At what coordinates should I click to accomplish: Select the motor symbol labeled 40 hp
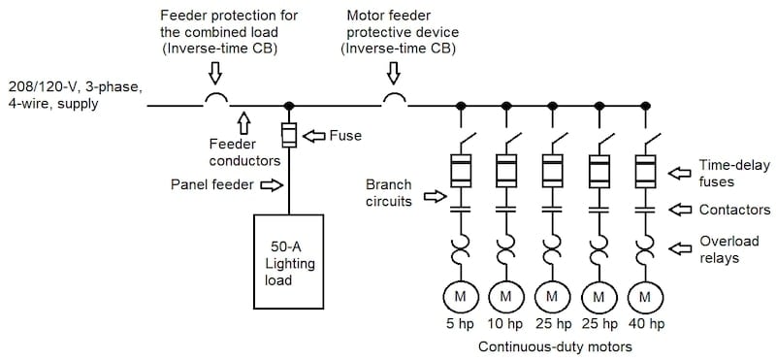[645, 294]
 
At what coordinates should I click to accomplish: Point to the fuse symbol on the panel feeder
[288, 134]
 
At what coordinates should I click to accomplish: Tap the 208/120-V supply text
[73, 94]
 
